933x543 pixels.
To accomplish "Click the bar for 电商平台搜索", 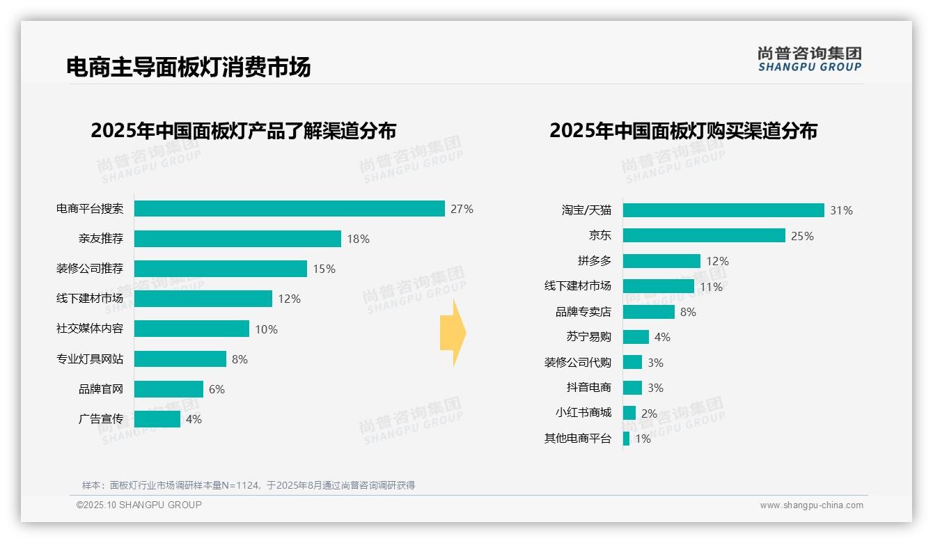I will [289, 209].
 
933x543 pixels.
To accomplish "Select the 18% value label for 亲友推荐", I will [358, 239].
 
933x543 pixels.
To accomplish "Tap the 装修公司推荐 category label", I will [90, 269].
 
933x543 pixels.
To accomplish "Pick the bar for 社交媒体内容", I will [191, 329].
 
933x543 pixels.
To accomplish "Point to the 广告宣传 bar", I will [157, 419].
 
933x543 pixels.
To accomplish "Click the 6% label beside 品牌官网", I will [217, 389].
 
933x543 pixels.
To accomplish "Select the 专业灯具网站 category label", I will [90, 359].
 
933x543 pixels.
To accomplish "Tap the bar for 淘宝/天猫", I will [723, 210].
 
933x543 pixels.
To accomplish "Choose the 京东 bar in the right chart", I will [704, 235].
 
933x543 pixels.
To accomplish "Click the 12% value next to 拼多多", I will [717, 261].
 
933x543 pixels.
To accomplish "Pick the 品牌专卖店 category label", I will [583, 312].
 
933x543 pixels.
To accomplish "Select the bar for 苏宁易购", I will [636, 337].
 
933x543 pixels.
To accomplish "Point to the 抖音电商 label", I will [589, 388].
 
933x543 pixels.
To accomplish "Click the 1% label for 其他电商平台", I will [643, 439].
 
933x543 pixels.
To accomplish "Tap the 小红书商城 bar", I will [629, 413].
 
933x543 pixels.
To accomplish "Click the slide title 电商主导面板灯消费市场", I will [189, 67].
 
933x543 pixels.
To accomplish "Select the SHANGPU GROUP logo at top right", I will [810, 58].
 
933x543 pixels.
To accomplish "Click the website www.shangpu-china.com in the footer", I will [811, 505].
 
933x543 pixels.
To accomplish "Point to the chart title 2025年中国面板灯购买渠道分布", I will [683, 131].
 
